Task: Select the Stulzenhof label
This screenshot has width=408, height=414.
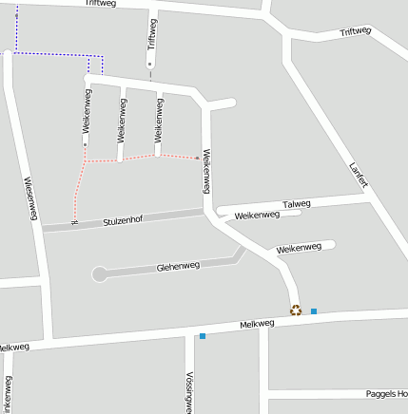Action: (x=122, y=221)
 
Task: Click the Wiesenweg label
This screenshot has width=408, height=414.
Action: (x=29, y=199)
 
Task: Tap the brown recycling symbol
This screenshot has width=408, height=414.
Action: (x=296, y=310)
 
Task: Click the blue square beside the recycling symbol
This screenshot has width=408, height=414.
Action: (x=314, y=310)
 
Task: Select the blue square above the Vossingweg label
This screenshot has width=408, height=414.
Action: (x=203, y=335)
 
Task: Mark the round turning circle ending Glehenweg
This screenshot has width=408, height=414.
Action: (x=99, y=274)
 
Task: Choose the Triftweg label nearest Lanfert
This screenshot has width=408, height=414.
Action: (x=355, y=33)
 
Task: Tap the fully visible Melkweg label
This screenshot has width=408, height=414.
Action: (x=257, y=324)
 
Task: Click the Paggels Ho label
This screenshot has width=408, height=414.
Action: (x=386, y=393)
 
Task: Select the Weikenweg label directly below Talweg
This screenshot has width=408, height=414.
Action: (x=257, y=216)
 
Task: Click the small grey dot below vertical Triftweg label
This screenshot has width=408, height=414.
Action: (x=149, y=64)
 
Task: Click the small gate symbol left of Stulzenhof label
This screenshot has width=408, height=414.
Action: (x=73, y=222)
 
